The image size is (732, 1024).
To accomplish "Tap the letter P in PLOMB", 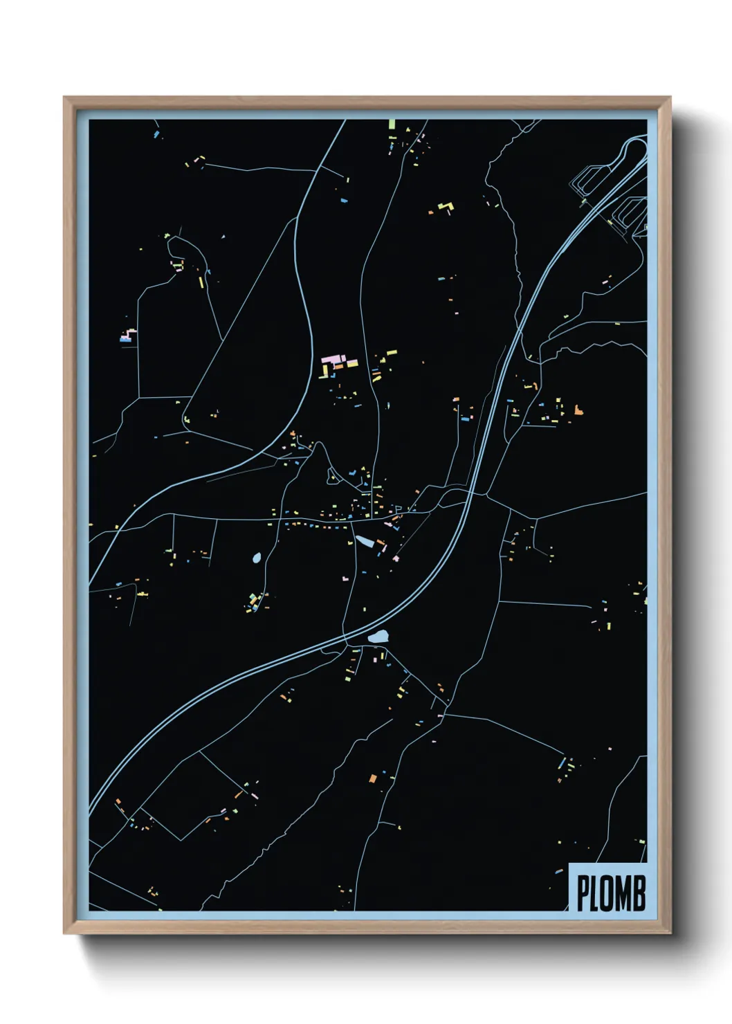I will [583, 893].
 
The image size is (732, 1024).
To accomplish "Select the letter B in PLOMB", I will [639, 893].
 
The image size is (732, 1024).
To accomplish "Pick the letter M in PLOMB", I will [623, 893].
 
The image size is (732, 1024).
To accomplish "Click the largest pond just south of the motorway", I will [378, 637].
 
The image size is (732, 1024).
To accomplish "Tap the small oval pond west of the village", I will [257, 558].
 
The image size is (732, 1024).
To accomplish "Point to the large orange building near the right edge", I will [578, 410].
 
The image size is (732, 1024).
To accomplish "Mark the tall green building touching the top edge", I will [392, 125].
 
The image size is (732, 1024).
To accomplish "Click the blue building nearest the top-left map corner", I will [157, 134].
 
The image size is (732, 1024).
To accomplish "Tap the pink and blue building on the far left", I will [126, 337].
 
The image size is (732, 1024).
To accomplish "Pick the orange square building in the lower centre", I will [372, 779].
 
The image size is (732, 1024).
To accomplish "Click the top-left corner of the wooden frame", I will [64, 98].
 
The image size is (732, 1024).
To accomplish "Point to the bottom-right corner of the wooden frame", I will [670, 933].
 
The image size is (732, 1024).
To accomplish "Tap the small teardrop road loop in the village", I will [332, 475].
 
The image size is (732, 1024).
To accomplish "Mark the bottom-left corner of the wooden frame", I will [64, 933].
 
